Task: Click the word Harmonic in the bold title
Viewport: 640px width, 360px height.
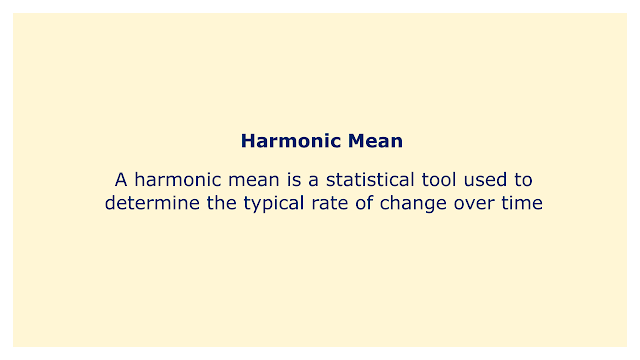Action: coord(291,141)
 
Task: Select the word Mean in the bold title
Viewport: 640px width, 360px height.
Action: coord(375,141)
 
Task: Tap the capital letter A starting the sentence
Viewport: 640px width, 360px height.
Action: coord(121,180)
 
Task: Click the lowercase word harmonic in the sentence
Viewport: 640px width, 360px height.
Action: coord(178,180)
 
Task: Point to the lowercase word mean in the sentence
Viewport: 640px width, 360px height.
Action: coord(253,180)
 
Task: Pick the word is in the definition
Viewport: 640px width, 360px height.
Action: coord(294,180)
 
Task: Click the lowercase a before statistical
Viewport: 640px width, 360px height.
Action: coord(313,181)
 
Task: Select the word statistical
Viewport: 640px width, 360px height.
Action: coord(370,180)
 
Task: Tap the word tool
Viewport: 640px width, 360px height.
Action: coord(439,180)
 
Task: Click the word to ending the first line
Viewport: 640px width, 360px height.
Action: coord(523,180)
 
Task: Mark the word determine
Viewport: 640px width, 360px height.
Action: coord(152,203)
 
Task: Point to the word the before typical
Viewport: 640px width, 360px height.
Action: coord(222,203)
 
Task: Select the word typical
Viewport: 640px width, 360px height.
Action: coord(274,204)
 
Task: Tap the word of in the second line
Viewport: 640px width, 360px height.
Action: coord(364,203)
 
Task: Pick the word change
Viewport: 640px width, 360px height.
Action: coord(413,204)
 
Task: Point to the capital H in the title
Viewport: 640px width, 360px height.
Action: coord(247,141)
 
